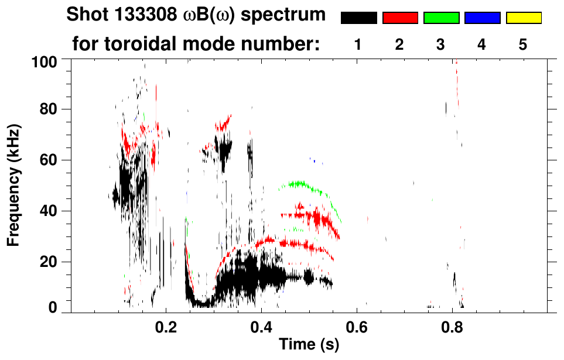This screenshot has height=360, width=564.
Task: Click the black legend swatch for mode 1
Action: [358, 18]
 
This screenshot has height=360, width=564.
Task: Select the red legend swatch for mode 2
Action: [400, 18]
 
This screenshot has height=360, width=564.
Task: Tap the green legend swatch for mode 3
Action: [441, 18]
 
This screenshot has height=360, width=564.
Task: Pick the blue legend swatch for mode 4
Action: [482, 18]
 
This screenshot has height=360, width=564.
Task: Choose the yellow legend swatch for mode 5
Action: [524, 18]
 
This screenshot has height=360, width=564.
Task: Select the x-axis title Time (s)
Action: [308, 345]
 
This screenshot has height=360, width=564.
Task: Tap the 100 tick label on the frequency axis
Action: [45, 61]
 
